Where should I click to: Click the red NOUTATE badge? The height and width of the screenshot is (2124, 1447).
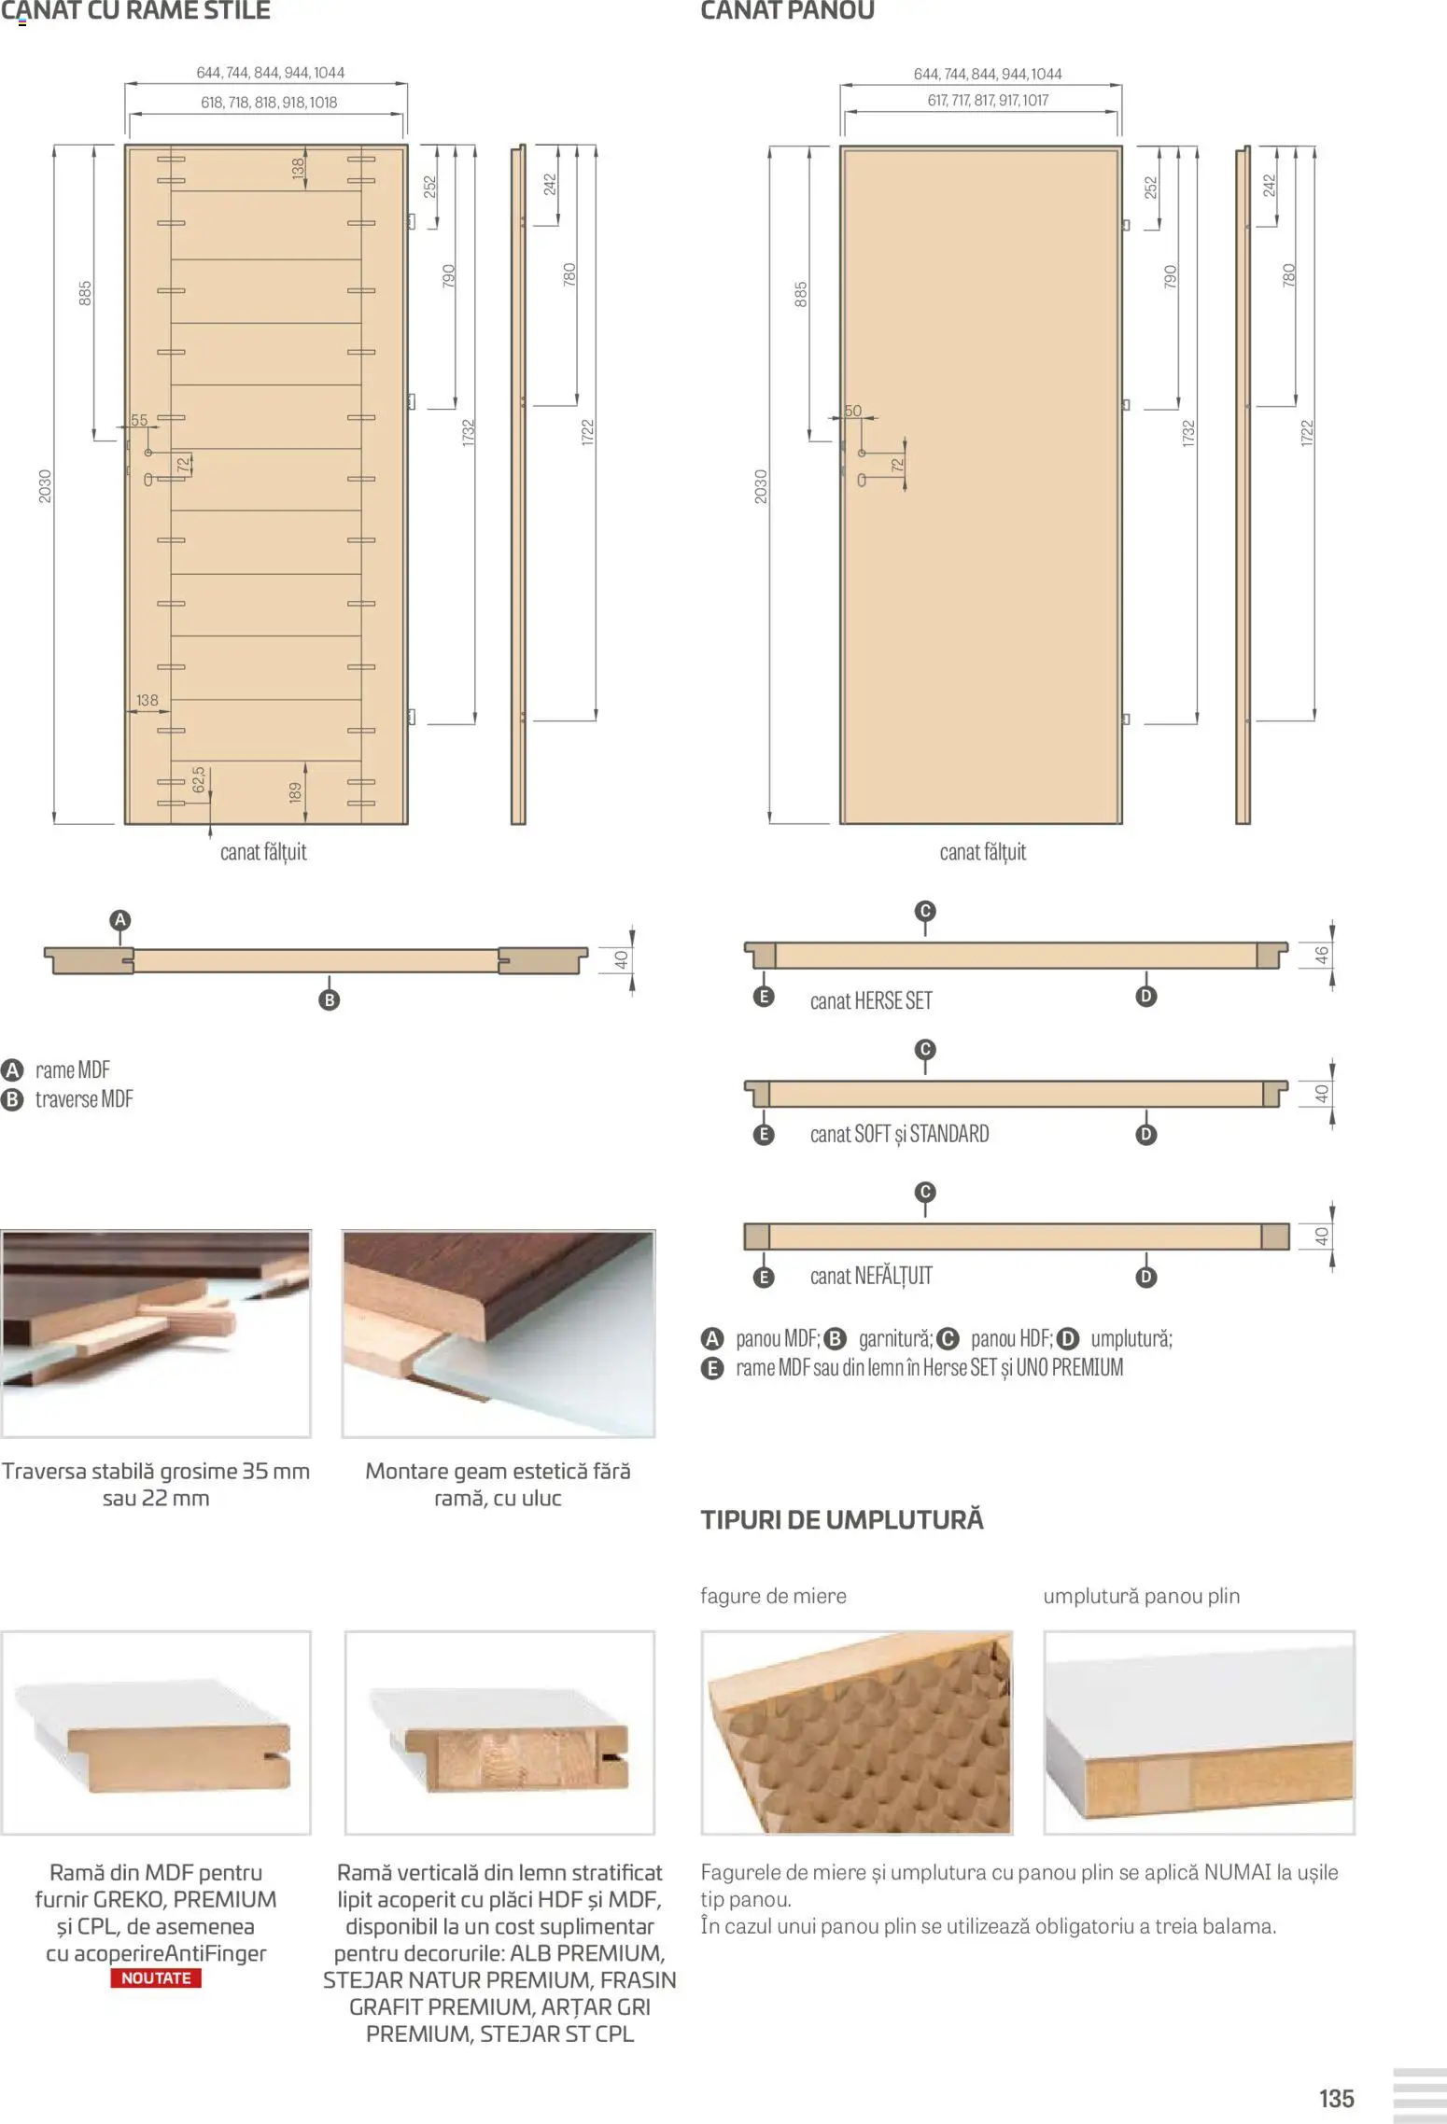156,1977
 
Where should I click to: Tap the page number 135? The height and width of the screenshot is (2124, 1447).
1336,2099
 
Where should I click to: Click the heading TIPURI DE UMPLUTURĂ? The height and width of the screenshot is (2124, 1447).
842,1519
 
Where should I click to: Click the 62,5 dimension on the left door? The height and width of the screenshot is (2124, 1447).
199,780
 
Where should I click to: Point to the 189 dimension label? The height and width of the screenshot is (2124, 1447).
296,792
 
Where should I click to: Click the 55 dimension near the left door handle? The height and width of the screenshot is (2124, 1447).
139,420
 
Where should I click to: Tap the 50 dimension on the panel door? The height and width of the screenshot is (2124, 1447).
852,411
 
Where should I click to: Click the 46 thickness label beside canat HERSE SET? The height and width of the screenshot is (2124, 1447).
1322,956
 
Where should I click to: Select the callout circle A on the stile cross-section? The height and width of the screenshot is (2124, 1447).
119,920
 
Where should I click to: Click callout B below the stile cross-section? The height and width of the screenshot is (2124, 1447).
329,1000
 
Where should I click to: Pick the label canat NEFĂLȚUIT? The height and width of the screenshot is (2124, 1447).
870,1276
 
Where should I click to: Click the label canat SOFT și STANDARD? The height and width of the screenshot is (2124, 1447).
899,1134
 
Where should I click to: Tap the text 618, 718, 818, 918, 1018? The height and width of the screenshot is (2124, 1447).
269,103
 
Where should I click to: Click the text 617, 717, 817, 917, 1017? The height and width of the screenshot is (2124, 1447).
988,100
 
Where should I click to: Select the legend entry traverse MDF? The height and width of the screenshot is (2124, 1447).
83,1099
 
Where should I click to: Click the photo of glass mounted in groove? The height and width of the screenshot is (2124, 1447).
499,1334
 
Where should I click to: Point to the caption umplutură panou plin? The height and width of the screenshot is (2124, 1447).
1141,1596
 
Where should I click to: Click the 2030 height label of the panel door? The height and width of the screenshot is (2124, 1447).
760,486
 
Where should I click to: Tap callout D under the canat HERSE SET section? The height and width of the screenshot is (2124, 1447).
1146,996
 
